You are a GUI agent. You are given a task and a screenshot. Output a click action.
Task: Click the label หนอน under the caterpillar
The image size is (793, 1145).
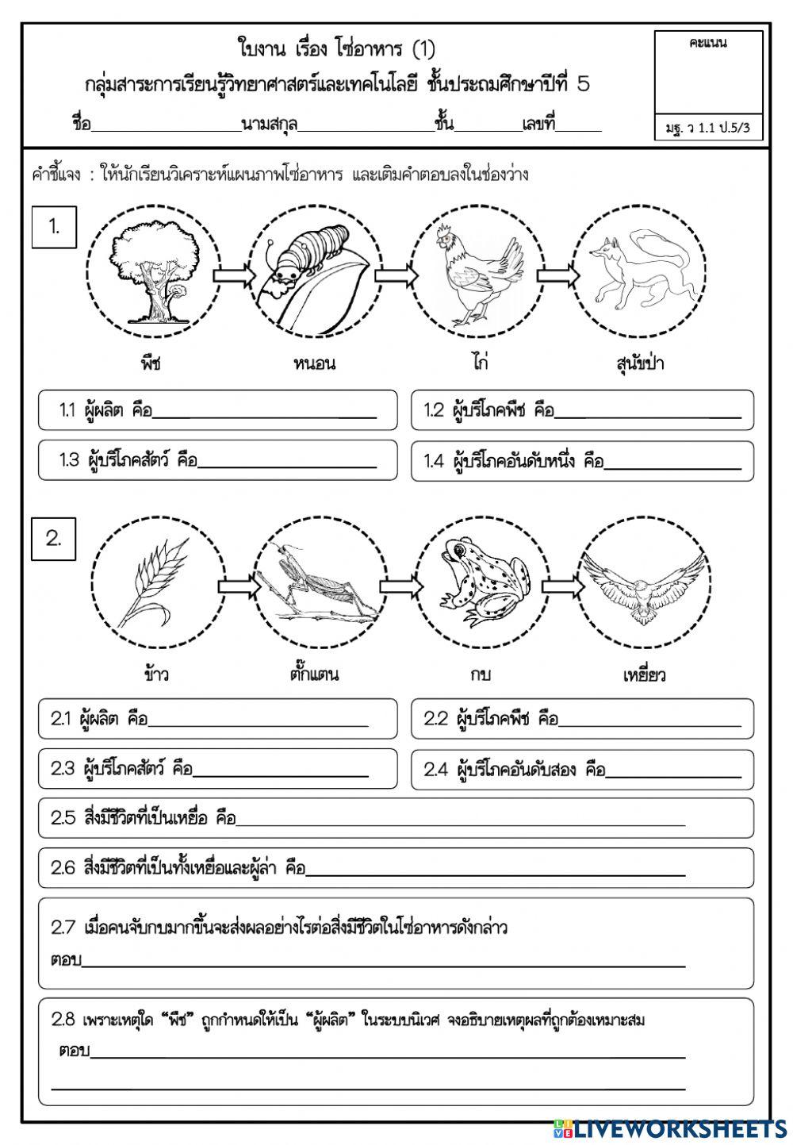click(314, 363)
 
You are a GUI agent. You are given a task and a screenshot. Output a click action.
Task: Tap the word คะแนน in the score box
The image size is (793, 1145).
click(709, 43)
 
